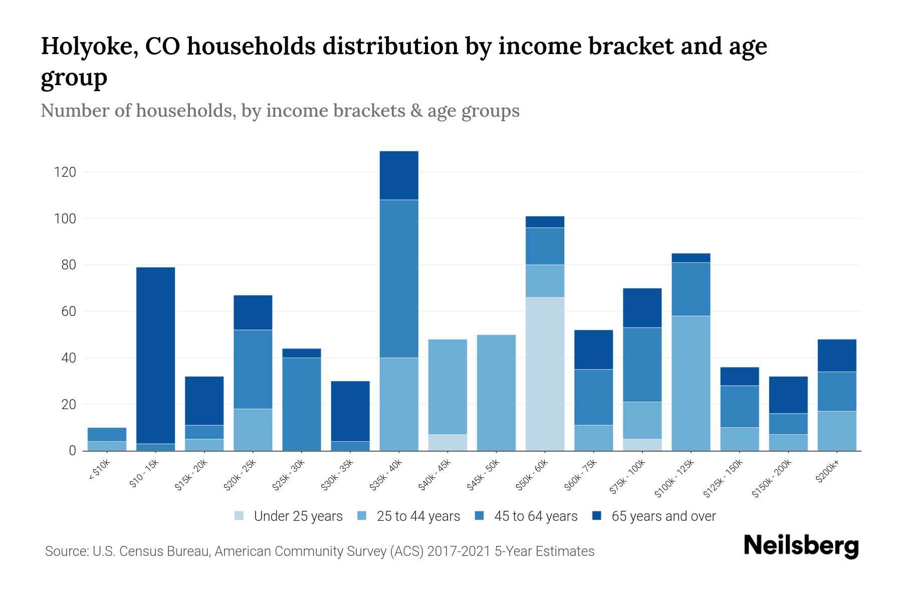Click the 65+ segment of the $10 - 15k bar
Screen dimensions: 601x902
(x=155, y=355)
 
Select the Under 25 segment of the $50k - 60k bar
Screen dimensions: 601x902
(x=545, y=374)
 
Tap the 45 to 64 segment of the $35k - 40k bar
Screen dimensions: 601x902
(x=399, y=278)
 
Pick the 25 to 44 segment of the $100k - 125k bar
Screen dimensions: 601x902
(x=691, y=383)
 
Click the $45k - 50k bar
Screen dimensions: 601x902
(x=496, y=393)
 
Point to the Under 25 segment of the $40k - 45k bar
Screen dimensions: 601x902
(x=447, y=442)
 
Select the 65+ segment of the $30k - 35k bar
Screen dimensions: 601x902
(x=350, y=411)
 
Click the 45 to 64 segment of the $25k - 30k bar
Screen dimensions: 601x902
(x=301, y=404)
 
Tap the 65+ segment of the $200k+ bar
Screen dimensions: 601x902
(x=836, y=355)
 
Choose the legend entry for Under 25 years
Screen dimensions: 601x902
(x=289, y=516)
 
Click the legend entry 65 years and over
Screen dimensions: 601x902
(x=654, y=516)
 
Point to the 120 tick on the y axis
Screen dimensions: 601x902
(x=65, y=172)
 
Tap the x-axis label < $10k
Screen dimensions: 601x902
(x=99, y=471)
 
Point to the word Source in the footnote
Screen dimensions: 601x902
(x=66, y=551)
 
